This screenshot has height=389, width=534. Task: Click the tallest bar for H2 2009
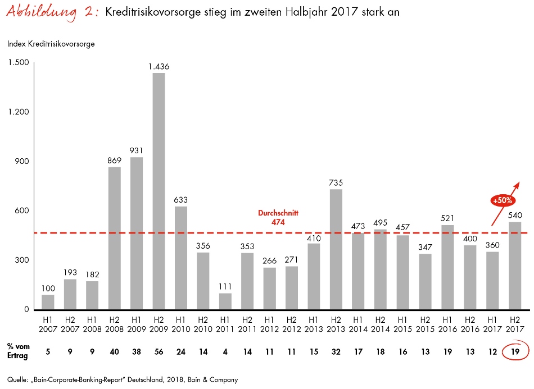point(159,191)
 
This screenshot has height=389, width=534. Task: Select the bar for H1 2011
point(225,301)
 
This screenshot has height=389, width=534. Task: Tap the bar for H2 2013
point(336,249)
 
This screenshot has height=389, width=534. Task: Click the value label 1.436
point(159,67)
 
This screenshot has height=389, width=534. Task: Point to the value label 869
point(114,160)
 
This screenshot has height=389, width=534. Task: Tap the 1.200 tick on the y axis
point(18,112)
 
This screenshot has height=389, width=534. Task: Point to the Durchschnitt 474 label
point(278,218)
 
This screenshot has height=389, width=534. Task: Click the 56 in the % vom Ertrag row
point(159,352)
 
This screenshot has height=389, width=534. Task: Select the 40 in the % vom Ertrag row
point(114,352)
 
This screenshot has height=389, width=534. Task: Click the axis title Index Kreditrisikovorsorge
point(51,44)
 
